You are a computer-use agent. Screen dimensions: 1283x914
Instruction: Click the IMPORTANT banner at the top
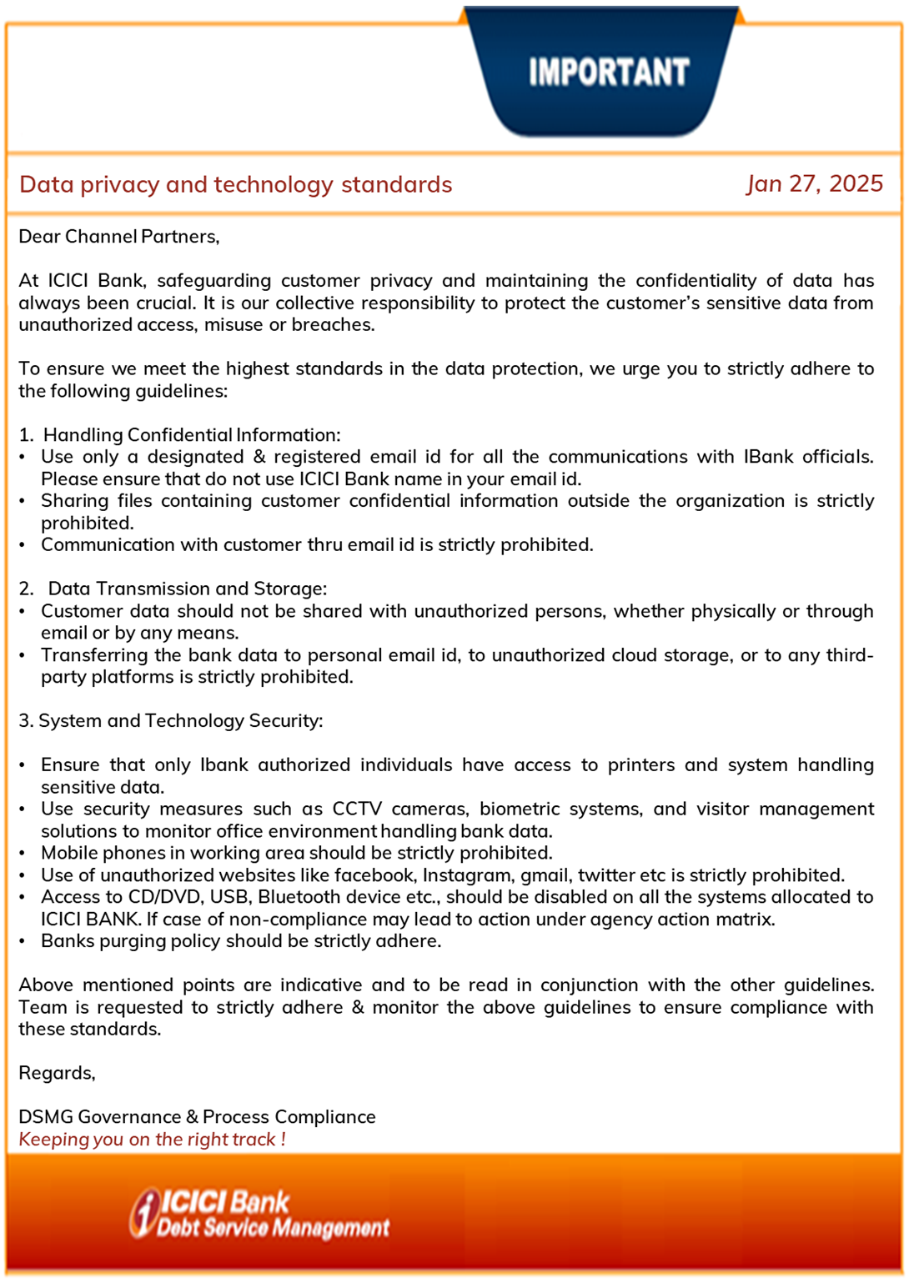608,73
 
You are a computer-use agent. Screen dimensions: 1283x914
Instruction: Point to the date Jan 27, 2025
814,183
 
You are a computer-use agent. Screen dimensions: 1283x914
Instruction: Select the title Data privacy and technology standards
235,184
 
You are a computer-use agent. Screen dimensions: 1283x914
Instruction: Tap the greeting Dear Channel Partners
118,237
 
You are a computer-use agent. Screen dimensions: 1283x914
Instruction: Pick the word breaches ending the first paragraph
333,325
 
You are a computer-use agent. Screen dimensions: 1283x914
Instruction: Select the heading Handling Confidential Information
192,435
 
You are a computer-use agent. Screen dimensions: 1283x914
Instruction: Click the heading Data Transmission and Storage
187,589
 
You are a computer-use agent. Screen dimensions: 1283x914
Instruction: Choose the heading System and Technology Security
180,721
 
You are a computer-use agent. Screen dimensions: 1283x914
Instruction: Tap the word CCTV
357,809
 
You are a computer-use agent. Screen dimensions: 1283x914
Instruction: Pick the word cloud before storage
626,655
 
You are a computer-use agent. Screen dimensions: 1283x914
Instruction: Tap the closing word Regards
57,1074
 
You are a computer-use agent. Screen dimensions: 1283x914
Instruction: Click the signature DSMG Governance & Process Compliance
197,1117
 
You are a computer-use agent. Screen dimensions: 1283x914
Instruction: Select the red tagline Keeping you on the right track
152,1140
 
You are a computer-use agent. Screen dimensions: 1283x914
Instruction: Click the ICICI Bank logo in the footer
259,1214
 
